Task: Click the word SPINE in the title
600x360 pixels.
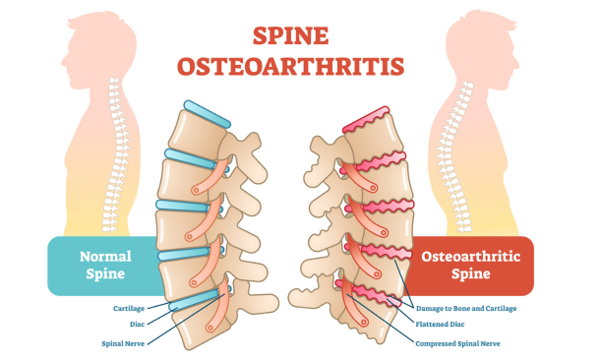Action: point(290,36)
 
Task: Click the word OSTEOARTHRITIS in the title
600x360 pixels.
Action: point(290,66)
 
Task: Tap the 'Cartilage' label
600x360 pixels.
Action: point(129,308)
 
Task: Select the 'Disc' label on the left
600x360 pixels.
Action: point(137,325)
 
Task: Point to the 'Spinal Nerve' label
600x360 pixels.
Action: point(123,343)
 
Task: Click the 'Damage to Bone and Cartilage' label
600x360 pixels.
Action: point(466,308)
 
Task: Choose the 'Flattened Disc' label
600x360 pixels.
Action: point(440,325)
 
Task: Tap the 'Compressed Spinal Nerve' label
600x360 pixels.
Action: point(457,343)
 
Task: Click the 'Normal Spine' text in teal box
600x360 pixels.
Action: point(105,265)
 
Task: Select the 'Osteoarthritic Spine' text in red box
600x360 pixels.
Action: point(471,265)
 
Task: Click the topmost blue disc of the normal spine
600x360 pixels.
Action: point(207,114)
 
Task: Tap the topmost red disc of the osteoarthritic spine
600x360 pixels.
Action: point(366,120)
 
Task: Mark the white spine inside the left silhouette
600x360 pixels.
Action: point(117,155)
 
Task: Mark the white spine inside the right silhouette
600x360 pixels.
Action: point(456,156)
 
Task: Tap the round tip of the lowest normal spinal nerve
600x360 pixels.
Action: point(210,328)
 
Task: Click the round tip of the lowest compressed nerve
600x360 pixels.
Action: point(364,322)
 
